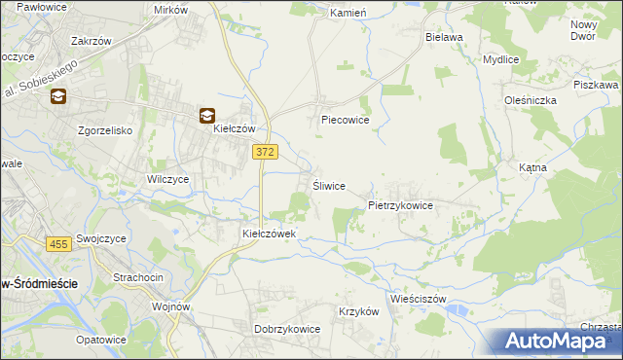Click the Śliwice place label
coord(328,186)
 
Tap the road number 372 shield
coord(264,151)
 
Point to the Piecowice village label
coord(346,122)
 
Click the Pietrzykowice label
coord(407,206)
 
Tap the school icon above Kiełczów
coord(207,115)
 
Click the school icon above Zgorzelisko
coord(58,96)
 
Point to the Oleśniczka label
coord(531,99)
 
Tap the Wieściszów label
coord(417,299)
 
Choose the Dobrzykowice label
coord(287,329)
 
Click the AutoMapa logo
coord(559,342)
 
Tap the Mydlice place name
coord(501,59)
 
